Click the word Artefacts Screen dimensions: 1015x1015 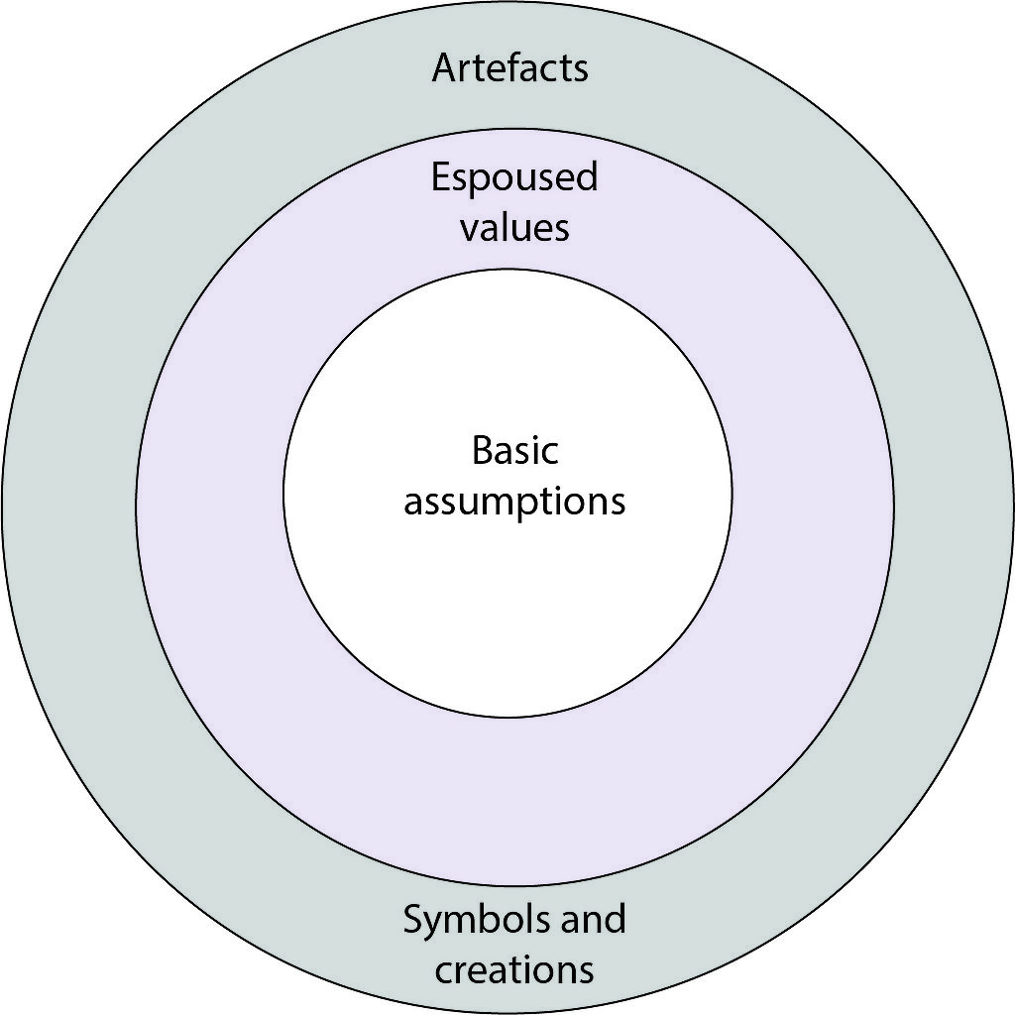click(x=509, y=68)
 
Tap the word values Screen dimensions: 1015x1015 click(x=514, y=228)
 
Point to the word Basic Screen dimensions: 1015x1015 click(x=514, y=451)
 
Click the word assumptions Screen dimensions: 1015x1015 click(x=514, y=502)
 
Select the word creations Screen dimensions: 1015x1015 click(x=514, y=968)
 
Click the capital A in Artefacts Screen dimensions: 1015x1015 click(x=443, y=68)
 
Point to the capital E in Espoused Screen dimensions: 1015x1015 click(x=440, y=177)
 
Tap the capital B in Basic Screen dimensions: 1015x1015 click(x=481, y=451)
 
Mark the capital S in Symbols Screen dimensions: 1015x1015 click(x=412, y=919)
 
